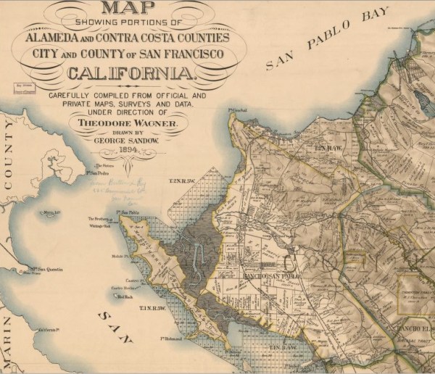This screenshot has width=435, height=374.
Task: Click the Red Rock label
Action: click(x=124, y=296)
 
